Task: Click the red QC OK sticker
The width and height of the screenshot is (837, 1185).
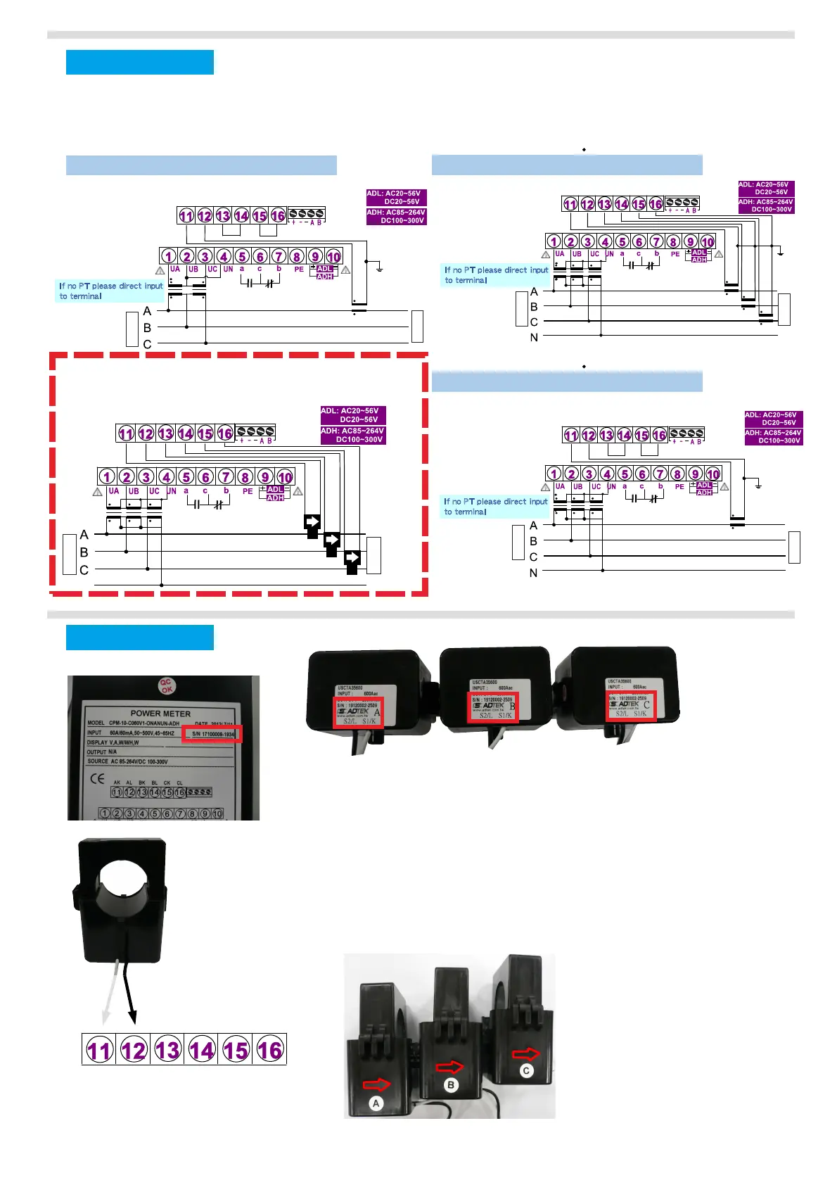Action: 166,685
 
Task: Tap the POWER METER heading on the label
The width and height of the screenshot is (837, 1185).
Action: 160,713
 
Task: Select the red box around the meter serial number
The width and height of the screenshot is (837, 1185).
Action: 212,734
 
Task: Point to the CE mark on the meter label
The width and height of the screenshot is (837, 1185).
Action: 97,778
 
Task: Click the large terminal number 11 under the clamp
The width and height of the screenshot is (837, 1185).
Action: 99,1050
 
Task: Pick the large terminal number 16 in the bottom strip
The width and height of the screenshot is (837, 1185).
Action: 269,1050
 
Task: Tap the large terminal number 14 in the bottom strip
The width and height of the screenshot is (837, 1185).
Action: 201,1050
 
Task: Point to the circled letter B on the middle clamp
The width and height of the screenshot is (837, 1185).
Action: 451,1085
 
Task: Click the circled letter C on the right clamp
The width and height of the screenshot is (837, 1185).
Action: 526,1071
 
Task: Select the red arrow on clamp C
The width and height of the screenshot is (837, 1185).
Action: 525,1053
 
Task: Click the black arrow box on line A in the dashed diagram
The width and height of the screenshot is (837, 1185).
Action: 312,522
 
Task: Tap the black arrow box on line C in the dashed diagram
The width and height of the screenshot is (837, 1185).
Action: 352,559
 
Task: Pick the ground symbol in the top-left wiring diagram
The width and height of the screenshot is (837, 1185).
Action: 379,267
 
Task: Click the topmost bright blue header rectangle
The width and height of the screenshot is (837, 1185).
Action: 139,62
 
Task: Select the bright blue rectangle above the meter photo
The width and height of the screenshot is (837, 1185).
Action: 139,638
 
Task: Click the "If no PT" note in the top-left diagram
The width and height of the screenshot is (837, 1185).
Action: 110,291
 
